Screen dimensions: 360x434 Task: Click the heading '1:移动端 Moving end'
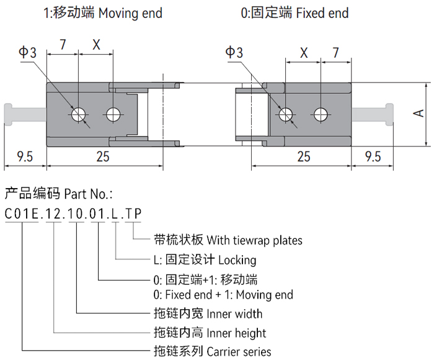click(x=103, y=12)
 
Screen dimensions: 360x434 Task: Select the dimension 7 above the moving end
click(x=63, y=44)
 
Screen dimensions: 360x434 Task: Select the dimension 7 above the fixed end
click(x=335, y=52)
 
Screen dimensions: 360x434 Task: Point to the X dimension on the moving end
click(x=96, y=44)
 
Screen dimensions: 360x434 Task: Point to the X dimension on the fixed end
click(x=303, y=52)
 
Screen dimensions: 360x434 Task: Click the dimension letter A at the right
click(x=419, y=113)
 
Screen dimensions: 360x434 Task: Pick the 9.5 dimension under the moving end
click(x=25, y=156)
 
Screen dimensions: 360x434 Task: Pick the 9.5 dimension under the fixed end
click(x=373, y=156)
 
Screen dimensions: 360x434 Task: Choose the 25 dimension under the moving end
click(x=103, y=156)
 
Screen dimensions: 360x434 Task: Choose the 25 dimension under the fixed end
click(x=303, y=156)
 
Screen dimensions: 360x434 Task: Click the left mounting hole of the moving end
click(x=79, y=114)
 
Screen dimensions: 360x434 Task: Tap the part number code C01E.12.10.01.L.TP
click(x=74, y=214)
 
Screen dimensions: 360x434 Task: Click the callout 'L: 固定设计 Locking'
click(x=205, y=259)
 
